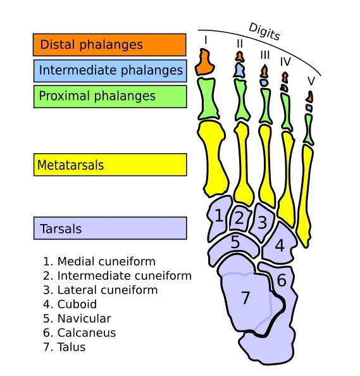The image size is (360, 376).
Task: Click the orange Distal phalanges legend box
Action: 109,45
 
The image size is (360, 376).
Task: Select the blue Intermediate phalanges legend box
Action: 110,71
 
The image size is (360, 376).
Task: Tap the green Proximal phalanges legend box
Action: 110,97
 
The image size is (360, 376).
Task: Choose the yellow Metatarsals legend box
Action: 110,165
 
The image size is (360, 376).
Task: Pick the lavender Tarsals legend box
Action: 110,228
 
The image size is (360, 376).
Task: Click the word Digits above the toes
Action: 264,32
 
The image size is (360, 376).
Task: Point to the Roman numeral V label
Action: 311,81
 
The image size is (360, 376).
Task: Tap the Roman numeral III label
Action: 265,55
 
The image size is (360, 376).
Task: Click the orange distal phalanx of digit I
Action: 204,62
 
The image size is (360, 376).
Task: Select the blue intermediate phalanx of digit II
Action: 239,70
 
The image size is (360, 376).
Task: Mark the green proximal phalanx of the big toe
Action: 208,99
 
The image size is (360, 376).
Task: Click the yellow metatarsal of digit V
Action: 305,196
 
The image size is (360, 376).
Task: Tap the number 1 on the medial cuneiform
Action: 218,216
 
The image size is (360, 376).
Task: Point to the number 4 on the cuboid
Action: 280,246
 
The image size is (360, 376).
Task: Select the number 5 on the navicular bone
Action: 235,242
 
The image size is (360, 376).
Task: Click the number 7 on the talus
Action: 245,298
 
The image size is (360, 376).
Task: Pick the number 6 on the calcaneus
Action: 282,280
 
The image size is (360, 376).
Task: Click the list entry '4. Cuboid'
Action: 70,304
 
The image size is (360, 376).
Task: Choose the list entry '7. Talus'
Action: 65,347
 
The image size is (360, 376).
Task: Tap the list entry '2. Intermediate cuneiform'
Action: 117,276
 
